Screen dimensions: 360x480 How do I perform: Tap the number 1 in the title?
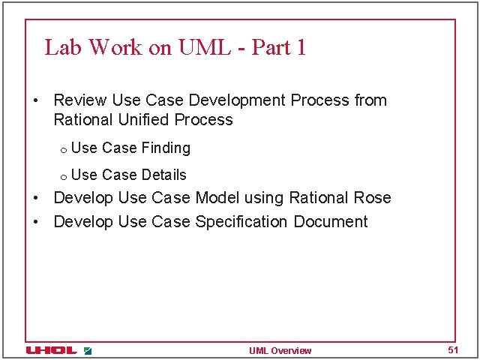click(301, 47)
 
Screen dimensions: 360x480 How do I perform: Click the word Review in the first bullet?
click(80, 100)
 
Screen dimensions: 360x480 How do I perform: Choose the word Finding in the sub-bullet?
click(166, 148)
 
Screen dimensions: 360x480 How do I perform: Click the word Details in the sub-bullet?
click(163, 175)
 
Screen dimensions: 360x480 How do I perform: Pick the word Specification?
click(241, 222)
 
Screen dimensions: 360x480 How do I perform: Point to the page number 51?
click(452, 350)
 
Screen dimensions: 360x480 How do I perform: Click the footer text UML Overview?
click(280, 351)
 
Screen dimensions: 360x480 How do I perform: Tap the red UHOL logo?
click(50, 350)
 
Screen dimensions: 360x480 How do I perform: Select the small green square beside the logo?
click(88, 350)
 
